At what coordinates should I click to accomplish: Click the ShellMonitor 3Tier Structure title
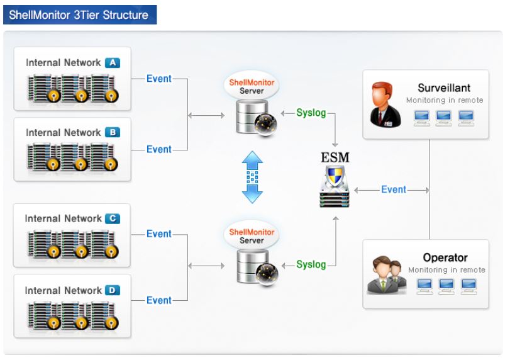(x=79, y=14)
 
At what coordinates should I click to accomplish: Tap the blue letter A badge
(x=112, y=62)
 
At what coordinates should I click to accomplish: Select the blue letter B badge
(x=112, y=132)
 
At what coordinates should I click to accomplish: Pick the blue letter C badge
(x=112, y=218)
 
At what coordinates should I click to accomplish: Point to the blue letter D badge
(x=112, y=290)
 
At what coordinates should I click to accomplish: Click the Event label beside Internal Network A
(x=158, y=79)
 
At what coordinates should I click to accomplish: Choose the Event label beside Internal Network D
(x=158, y=300)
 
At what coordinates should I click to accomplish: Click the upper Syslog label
(x=311, y=113)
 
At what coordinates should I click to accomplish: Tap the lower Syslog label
(x=311, y=264)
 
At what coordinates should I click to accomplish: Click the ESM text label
(x=335, y=157)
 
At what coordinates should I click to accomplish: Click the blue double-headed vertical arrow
(x=252, y=177)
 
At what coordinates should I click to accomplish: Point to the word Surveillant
(x=444, y=88)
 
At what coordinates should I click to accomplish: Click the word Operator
(x=445, y=257)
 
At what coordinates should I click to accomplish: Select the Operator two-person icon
(x=385, y=274)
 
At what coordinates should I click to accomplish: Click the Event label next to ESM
(x=394, y=189)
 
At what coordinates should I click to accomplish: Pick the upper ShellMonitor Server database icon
(x=251, y=116)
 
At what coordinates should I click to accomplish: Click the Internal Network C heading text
(x=63, y=218)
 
